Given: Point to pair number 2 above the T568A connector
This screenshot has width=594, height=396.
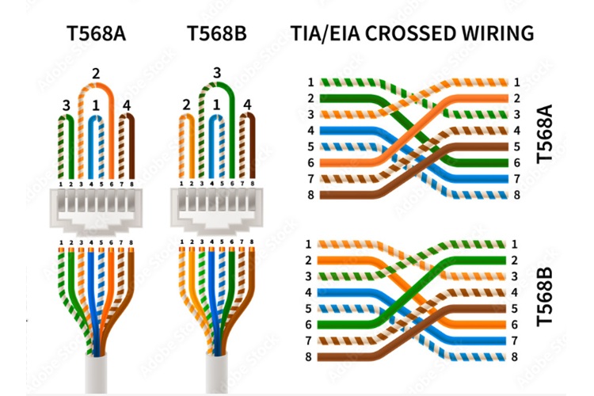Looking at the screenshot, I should (97, 74).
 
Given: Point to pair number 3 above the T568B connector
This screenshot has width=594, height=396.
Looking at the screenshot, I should (215, 74).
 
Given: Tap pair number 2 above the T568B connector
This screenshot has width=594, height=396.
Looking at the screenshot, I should (186, 105).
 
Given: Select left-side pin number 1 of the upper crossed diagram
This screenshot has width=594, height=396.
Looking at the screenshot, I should (311, 82).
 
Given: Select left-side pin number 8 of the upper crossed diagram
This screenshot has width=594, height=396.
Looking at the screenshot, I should (311, 195).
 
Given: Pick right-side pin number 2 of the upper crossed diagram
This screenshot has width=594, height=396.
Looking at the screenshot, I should (516, 98).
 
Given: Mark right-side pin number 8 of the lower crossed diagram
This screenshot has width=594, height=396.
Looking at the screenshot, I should (516, 356).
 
